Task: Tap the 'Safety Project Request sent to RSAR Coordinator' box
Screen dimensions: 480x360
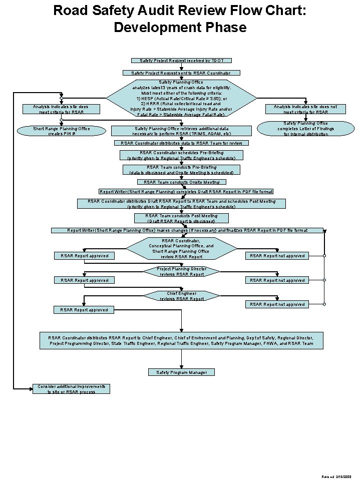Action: (181, 73)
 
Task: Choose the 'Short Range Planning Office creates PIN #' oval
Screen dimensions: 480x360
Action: (62, 131)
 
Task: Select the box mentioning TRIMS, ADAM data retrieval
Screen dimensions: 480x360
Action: (182, 131)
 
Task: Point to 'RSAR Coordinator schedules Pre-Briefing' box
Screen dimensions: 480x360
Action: (181, 155)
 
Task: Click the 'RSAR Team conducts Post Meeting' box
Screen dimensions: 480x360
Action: (181, 218)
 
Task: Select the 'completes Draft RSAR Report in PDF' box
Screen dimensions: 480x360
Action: (186, 192)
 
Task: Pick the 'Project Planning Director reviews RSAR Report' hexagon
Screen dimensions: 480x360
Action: (181, 271)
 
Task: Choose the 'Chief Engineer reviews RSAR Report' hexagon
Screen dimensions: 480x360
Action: (181, 296)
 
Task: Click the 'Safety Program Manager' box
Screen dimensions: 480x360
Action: (181, 372)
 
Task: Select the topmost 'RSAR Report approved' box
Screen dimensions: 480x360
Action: (84, 256)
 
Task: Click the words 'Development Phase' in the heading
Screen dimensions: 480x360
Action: (180, 27)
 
